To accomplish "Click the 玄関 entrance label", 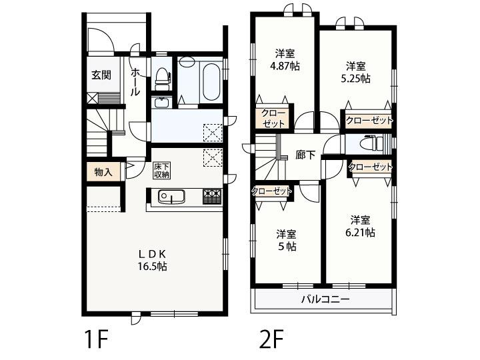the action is coord(101,75).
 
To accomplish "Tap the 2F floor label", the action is coord(271,339).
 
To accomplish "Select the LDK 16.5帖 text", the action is coord(152,260).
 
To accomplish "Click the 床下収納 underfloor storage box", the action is coord(162,171).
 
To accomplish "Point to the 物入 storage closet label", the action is coord(103,172).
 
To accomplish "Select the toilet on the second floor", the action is coord(371,143).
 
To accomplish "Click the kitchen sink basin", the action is coord(171,197).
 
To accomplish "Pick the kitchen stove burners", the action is coord(212,197).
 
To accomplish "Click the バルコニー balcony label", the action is coord(325,299).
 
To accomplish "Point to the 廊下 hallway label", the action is coord(305,155).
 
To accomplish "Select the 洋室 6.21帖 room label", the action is coord(360,226).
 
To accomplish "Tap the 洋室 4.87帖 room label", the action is coord(285,60).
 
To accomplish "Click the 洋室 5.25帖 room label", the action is coord(356,73).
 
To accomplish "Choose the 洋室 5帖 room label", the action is coord(286,241).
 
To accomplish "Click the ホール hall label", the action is coord(135,82).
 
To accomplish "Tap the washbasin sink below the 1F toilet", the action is coord(162,102).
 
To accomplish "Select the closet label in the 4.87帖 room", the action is coord(273,119).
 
